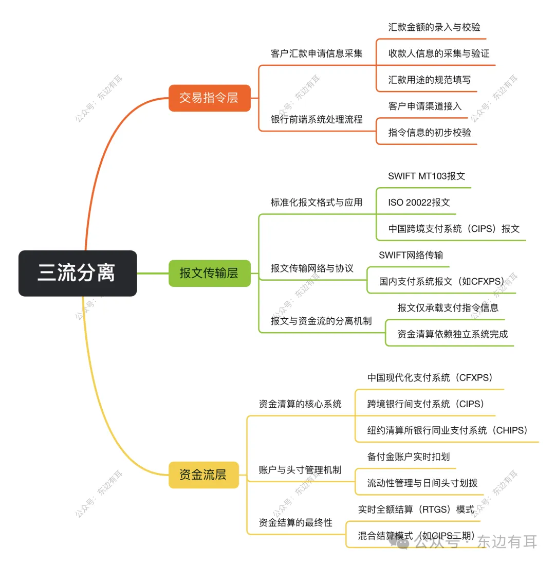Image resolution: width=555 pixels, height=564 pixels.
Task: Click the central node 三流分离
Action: click(77, 273)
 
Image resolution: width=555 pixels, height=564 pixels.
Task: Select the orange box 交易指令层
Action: click(209, 98)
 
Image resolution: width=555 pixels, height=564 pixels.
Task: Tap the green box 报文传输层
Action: click(209, 273)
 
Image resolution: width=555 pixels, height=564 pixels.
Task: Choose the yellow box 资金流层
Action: click(203, 475)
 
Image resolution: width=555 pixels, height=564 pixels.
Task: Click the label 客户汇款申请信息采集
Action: click(317, 53)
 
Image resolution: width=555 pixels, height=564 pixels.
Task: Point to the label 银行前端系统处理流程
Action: click(317, 119)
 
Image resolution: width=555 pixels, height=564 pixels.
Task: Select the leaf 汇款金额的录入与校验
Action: click(434, 27)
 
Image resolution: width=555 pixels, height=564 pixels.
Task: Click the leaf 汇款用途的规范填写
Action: click(429, 80)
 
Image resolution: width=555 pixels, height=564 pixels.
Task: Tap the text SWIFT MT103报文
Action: click(427, 176)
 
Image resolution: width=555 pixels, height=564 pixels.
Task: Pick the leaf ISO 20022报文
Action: click(419, 203)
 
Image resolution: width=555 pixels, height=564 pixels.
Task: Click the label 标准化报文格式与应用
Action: click(317, 203)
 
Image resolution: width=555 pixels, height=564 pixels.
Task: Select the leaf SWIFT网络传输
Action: click(411, 255)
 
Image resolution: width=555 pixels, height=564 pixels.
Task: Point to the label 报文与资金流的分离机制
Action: click(321, 321)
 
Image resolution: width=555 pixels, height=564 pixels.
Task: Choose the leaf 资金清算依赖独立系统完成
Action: click(452, 334)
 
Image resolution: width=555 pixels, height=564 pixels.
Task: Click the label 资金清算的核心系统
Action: click(300, 404)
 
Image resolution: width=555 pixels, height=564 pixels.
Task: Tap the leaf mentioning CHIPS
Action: click(447, 430)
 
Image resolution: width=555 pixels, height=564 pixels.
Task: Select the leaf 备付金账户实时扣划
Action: click(409, 457)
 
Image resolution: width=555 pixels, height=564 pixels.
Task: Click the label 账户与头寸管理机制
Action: click(300, 470)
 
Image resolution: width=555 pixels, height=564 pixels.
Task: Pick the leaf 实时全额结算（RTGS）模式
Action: click(416, 510)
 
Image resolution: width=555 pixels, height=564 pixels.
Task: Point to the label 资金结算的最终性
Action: click(295, 523)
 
